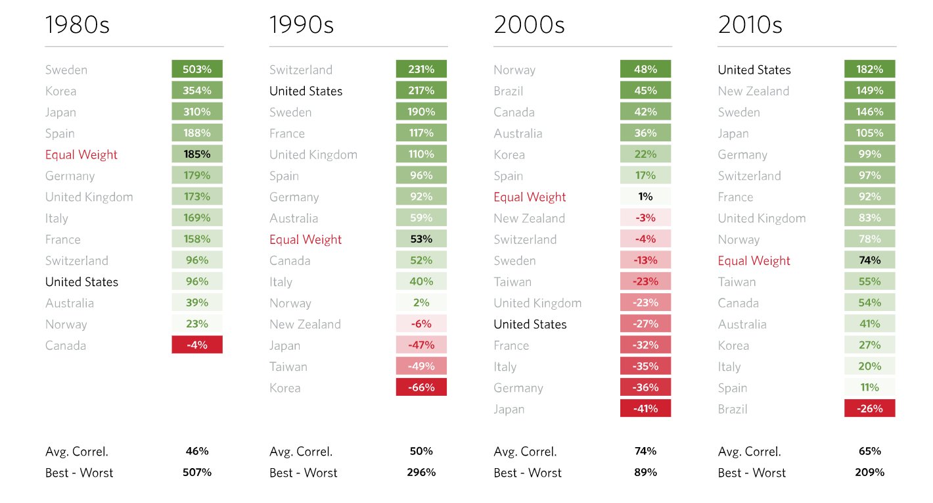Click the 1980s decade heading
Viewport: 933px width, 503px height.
[77, 25]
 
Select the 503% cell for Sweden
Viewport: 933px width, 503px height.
[197, 69]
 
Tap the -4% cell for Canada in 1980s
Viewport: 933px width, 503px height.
[197, 345]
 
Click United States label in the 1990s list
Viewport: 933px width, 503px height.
[306, 91]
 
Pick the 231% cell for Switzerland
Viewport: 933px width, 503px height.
[421, 69]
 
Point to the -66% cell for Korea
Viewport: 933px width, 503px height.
[421, 387]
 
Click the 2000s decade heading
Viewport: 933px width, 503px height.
[529, 25]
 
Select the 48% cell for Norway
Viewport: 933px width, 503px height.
[645, 69]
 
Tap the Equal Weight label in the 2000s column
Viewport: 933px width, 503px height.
[530, 197]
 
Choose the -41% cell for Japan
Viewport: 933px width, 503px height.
[645, 408]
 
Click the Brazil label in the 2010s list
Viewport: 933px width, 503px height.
[733, 409]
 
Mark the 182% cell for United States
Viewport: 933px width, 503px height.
[869, 69]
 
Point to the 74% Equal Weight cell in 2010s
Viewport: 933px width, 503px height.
[869, 260]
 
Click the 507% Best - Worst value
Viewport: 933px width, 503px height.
[197, 472]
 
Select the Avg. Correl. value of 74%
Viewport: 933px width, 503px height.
[645, 451]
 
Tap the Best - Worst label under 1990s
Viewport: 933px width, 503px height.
[303, 473]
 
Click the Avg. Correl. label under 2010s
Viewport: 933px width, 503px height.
[749, 452]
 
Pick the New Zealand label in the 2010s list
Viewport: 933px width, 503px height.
[753, 91]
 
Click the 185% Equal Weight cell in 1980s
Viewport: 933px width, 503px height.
[197, 154]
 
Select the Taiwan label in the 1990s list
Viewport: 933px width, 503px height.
[288, 366]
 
